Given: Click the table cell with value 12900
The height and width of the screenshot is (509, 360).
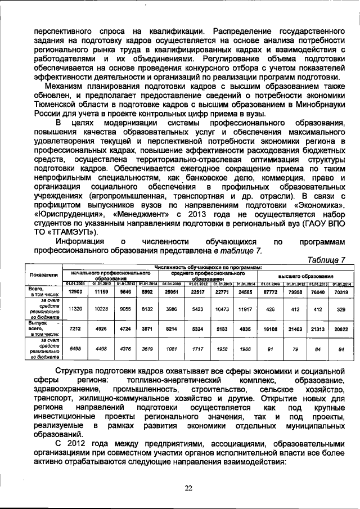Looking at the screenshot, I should (x=75, y=292).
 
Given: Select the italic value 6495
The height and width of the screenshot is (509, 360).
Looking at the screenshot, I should (x=75, y=348).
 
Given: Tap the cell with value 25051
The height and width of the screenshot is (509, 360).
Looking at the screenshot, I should (x=172, y=292).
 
